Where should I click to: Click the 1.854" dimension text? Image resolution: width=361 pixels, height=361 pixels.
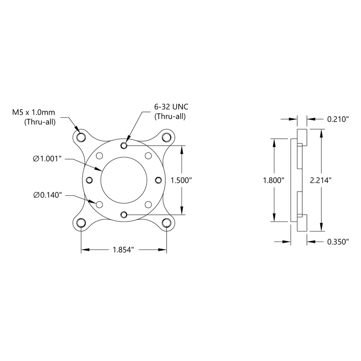point(123,250)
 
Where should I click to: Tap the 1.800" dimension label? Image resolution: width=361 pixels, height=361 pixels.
point(274,180)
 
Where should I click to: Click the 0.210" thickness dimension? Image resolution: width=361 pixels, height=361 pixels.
point(337,120)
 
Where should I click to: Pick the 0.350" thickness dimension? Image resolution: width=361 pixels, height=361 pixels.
point(337,241)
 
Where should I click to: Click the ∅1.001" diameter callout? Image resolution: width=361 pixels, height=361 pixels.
point(47,159)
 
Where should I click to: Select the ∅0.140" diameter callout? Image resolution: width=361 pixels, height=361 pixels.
point(47,194)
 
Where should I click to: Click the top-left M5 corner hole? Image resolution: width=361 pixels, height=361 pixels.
point(81,137)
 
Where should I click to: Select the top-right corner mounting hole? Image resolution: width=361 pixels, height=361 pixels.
point(167,137)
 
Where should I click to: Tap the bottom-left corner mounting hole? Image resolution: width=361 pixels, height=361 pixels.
point(81,223)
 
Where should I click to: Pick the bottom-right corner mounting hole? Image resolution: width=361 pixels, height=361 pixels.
point(167,223)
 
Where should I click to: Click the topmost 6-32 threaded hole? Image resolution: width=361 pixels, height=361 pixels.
point(124,145)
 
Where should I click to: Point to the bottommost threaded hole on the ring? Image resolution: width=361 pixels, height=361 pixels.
point(124,214)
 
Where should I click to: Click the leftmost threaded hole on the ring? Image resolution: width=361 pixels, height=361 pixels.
point(89,180)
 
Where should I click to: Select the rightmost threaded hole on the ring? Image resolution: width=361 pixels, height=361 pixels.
point(158,180)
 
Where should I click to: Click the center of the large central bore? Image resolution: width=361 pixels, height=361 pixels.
point(124,180)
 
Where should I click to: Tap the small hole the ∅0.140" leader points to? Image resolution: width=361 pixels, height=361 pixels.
point(99,204)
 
